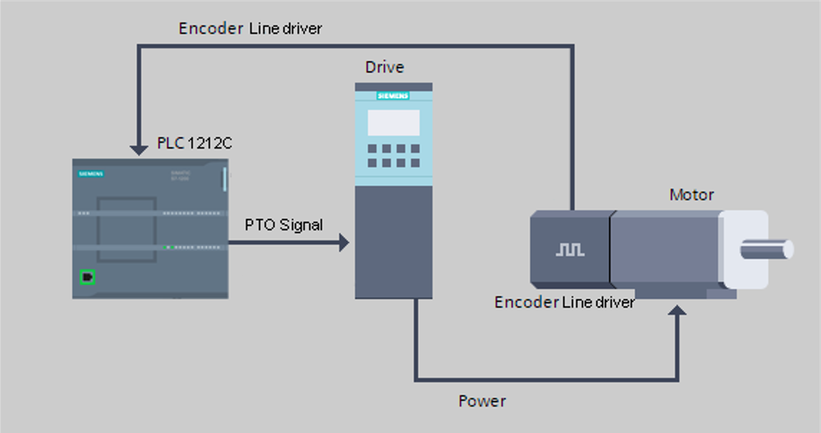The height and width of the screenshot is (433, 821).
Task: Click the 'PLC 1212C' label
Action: tap(194, 143)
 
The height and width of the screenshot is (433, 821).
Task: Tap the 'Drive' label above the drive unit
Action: tap(384, 68)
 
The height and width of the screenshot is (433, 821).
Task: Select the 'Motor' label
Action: tap(691, 195)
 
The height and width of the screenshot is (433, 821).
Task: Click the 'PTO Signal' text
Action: tap(283, 225)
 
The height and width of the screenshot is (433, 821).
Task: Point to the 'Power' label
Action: tap(482, 401)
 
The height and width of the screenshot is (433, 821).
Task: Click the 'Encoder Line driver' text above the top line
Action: tap(250, 28)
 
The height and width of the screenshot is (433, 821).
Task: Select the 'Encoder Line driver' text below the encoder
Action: tap(564, 302)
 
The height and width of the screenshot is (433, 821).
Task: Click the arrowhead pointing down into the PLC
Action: tap(139, 150)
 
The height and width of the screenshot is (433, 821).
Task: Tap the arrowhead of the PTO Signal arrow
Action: tap(344, 243)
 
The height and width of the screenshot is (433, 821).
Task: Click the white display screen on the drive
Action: tap(394, 122)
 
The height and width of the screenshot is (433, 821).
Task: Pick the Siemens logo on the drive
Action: tap(393, 95)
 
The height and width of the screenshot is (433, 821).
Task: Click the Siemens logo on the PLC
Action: tap(91, 174)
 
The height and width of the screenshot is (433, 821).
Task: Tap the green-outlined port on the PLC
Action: tap(87, 277)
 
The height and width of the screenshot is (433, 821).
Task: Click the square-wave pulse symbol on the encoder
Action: tap(570, 249)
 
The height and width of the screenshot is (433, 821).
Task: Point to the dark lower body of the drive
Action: tap(394, 242)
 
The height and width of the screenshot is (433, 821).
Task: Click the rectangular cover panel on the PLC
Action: tap(127, 229)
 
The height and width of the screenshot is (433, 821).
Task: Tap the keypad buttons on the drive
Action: tap(394, 156)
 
